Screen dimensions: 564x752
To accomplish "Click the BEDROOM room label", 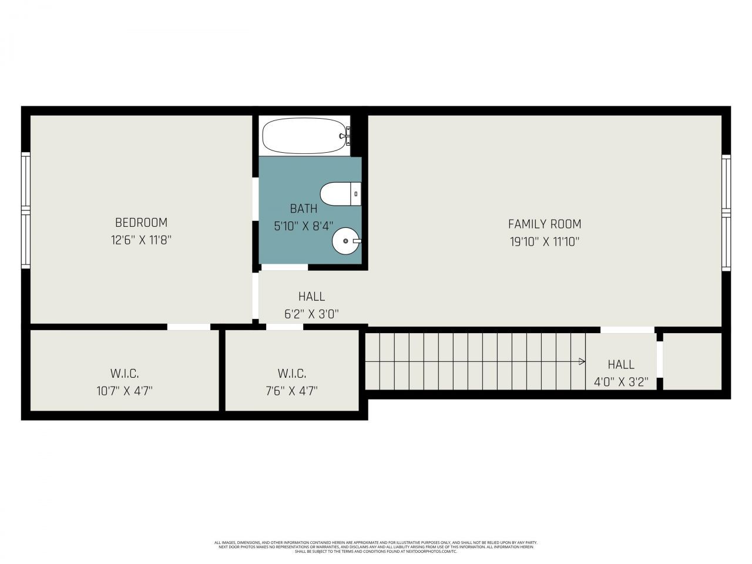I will (141, 223).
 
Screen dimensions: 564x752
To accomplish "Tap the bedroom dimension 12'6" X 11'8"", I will (141, 240).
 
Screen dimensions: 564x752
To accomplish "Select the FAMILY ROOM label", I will (545, 224).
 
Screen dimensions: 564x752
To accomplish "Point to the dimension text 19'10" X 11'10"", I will (545, 241).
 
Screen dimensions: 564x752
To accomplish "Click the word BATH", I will (304, 209).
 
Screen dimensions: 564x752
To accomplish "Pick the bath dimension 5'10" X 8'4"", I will (304, 226).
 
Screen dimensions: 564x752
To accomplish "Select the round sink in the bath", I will (346, 240).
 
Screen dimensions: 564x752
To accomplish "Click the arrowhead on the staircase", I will (582, 361).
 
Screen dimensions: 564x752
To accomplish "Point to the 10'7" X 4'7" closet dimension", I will (125, 391).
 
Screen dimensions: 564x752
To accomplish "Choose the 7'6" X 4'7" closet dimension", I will (291, 391).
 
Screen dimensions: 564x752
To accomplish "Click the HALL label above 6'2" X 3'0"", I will (311, 297).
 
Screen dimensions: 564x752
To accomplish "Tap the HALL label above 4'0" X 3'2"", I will (621, 364).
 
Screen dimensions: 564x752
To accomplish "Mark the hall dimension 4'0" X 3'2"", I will (621, 382).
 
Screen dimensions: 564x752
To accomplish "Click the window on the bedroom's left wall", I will (25, 209).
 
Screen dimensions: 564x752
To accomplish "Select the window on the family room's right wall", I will (726, 212).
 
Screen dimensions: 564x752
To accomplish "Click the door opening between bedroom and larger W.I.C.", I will (189, 327).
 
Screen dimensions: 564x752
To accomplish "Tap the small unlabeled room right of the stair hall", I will (692, 361).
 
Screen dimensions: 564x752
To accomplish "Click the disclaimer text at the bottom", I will (376, 547).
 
